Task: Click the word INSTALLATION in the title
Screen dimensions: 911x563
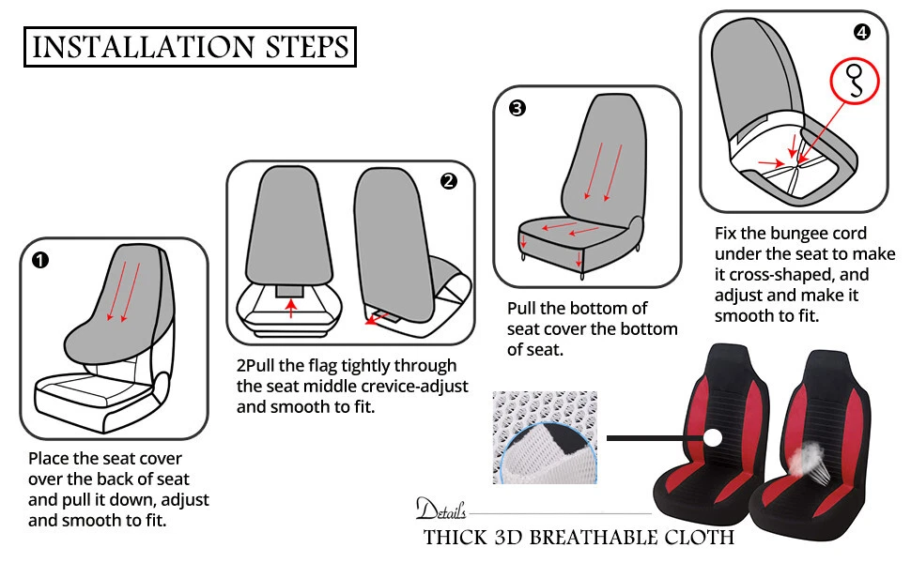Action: pos(143,47)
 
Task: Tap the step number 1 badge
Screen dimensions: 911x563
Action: pos(40,260)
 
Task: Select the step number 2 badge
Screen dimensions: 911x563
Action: pos(449,182)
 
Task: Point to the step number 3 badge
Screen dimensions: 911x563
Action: pos(517,108)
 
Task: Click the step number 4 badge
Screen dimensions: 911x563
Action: pos(862,32)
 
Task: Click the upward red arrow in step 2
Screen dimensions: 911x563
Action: pos(292,308)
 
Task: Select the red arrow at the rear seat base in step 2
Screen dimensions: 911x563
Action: pos(377,317)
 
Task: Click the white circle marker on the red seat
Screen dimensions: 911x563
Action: pos(712,437)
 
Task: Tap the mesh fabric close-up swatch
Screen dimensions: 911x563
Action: pos(545,437)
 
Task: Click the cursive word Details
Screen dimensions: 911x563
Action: pos(441,509)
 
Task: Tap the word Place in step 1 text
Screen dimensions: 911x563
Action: pos(47,459)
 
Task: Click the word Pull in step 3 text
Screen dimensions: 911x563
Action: pos(520,308)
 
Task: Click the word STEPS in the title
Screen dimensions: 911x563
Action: pos(307,47)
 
